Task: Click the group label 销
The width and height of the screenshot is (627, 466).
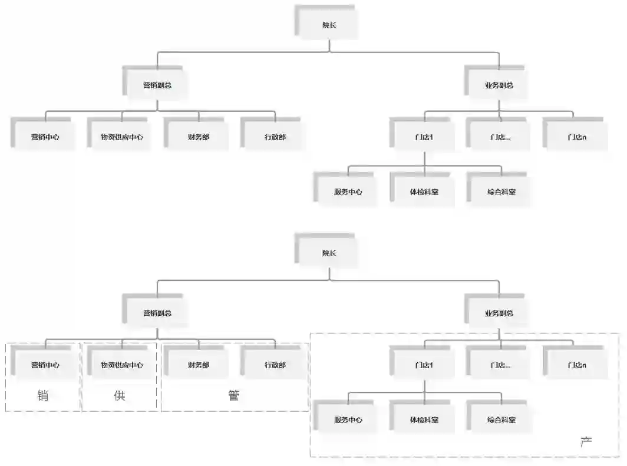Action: point(42,395)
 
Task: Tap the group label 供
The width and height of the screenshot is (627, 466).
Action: point(120,395)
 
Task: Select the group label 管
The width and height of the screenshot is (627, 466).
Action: point(233,395)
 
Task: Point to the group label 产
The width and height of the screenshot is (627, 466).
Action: point(586,441)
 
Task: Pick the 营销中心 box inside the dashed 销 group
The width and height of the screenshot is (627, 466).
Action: point(45,365)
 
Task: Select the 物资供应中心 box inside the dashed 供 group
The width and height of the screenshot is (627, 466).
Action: point(121,365)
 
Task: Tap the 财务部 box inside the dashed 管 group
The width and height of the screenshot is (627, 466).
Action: point(198,365)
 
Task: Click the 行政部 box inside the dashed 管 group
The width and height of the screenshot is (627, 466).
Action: point(275,365)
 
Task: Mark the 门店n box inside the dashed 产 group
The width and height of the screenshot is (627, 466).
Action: point(576,365)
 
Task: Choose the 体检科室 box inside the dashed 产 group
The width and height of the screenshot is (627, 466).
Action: point(424,420)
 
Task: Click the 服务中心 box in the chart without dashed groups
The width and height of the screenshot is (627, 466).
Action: point(348,192)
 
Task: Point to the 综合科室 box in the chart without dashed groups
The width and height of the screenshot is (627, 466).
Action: point(501,192)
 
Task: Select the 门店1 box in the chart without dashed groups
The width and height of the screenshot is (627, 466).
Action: point(424,137)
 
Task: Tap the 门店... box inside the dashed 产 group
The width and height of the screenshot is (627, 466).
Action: point(500,365)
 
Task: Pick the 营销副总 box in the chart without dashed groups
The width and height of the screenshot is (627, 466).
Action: point(157,85)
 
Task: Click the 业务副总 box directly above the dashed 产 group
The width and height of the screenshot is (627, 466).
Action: point(499,313)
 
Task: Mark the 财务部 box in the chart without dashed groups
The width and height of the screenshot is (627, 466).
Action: point(198,137)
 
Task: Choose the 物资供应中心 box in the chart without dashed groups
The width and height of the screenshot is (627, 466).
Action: point(121,137)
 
